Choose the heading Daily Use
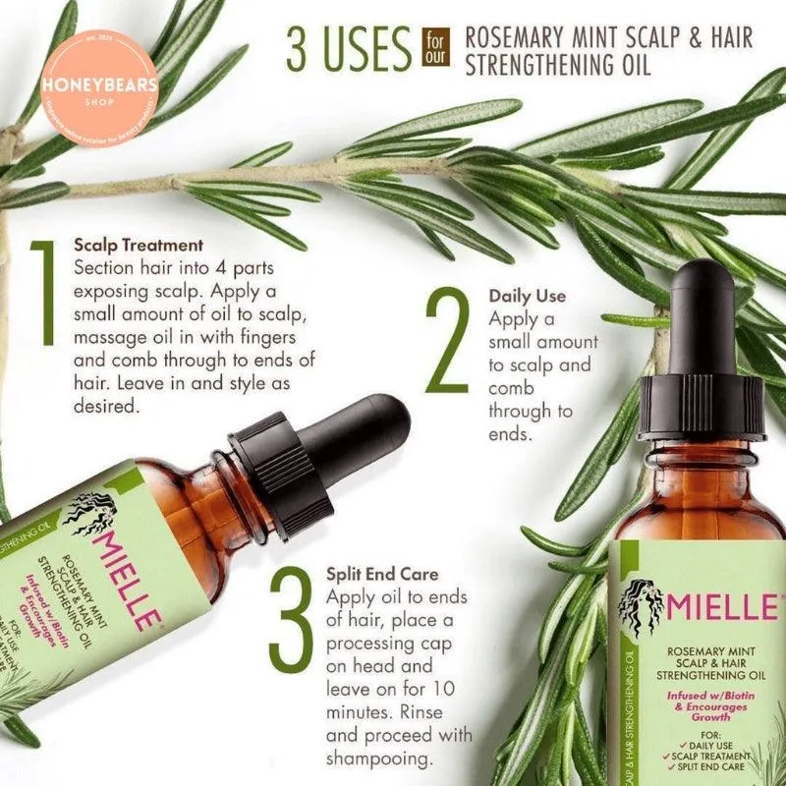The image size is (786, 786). point(527,295)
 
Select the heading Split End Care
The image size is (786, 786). point(381,571)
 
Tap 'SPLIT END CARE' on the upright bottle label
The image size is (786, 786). point(719,765)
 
